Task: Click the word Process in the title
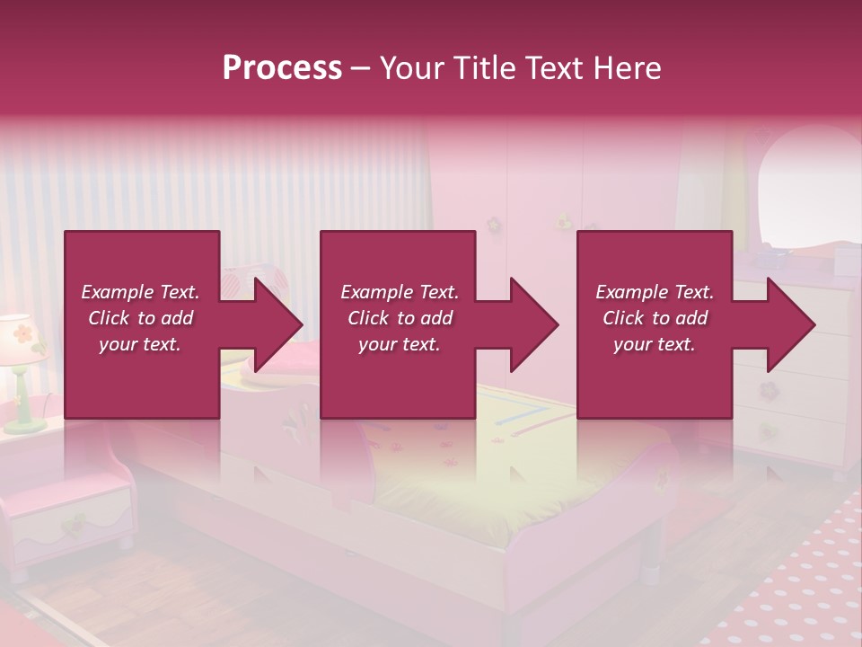[282, 68]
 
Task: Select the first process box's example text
[140, 318]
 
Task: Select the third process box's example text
[655, 318]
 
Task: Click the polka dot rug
[790, 584]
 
